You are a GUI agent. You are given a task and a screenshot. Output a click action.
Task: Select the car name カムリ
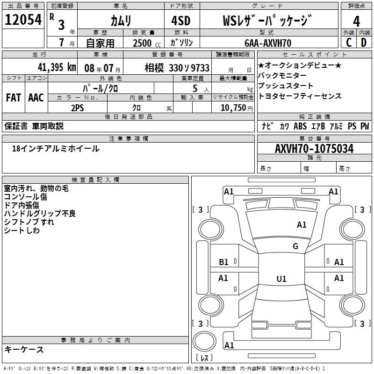121,21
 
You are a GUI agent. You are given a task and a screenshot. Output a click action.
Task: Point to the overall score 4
356,21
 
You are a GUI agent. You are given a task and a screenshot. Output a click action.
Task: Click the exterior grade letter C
348,43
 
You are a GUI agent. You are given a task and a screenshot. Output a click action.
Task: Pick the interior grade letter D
364,43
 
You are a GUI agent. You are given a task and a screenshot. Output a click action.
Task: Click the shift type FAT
14,97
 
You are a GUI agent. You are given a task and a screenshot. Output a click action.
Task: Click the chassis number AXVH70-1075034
314,149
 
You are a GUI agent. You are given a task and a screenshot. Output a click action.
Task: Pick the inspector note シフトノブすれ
29,222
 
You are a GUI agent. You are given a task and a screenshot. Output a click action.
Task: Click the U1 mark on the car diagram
281,279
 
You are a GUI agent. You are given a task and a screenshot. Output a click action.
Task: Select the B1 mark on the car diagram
223,262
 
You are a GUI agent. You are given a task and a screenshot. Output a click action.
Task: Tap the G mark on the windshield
295,246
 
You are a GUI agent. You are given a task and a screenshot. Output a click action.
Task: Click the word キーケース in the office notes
24,349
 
